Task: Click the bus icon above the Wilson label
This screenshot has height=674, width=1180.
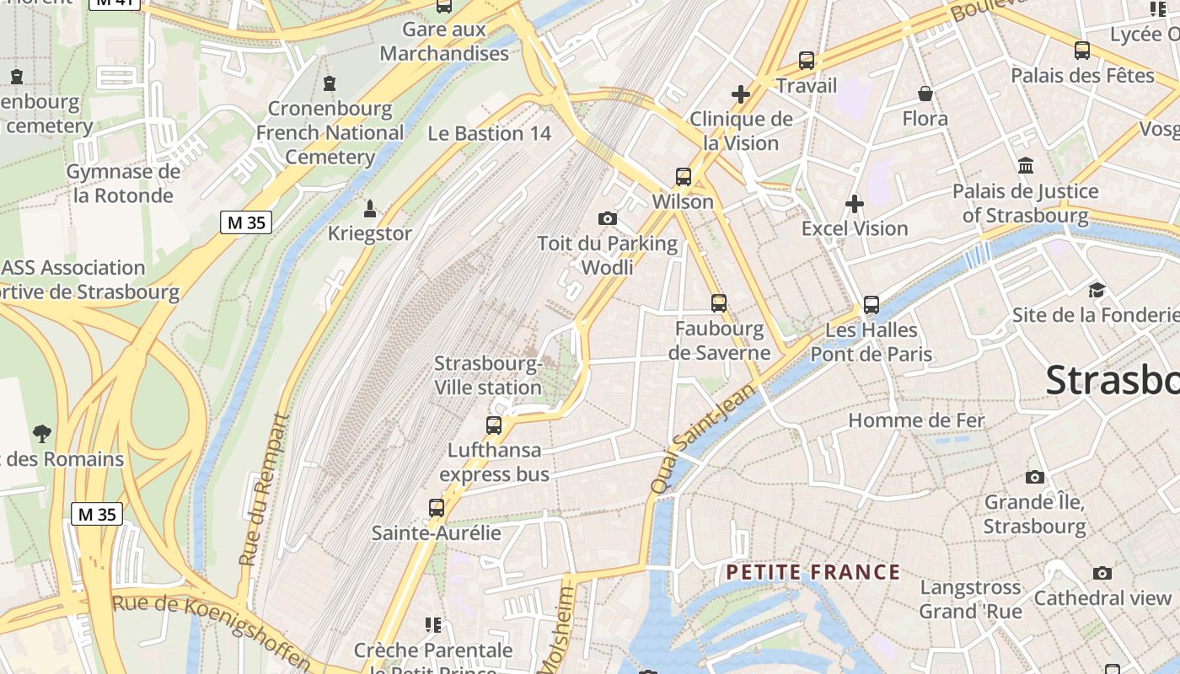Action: (x=684, y=177)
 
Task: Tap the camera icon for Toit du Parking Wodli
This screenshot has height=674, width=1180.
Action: (x=607, y=219)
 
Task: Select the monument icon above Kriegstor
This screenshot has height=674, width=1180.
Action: (x=369, y=207)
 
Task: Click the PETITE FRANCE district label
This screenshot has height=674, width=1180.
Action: (x=813, y=573)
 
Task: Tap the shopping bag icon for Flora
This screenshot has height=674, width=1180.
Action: (x=925, y=94)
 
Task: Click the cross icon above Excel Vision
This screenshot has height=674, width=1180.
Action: (x=855, y=203)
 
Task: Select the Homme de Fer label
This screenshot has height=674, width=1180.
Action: (x=916, y=420)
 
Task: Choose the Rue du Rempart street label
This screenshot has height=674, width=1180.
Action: (x=263, y=489)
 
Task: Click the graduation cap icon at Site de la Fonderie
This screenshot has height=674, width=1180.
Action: (x=1097, y=291)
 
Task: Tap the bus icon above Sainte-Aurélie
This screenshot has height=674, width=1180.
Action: (x=437, y=508)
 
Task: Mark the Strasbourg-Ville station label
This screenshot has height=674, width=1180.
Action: (x=488, y=376)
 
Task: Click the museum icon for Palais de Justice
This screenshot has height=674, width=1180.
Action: (x=1026, y=165)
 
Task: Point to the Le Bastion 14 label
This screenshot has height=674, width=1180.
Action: (x=489, y=133)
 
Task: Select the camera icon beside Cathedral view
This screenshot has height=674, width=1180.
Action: (x=1102, y=574)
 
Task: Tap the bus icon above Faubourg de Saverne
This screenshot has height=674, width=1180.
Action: (x=719, y=303)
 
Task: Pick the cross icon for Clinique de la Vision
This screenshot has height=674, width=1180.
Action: (x=741, y=94)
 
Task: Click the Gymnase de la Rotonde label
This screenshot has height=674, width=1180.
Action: (x=123, y=184)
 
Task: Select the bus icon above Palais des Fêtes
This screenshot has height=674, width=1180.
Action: (x=1082, y=51)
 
